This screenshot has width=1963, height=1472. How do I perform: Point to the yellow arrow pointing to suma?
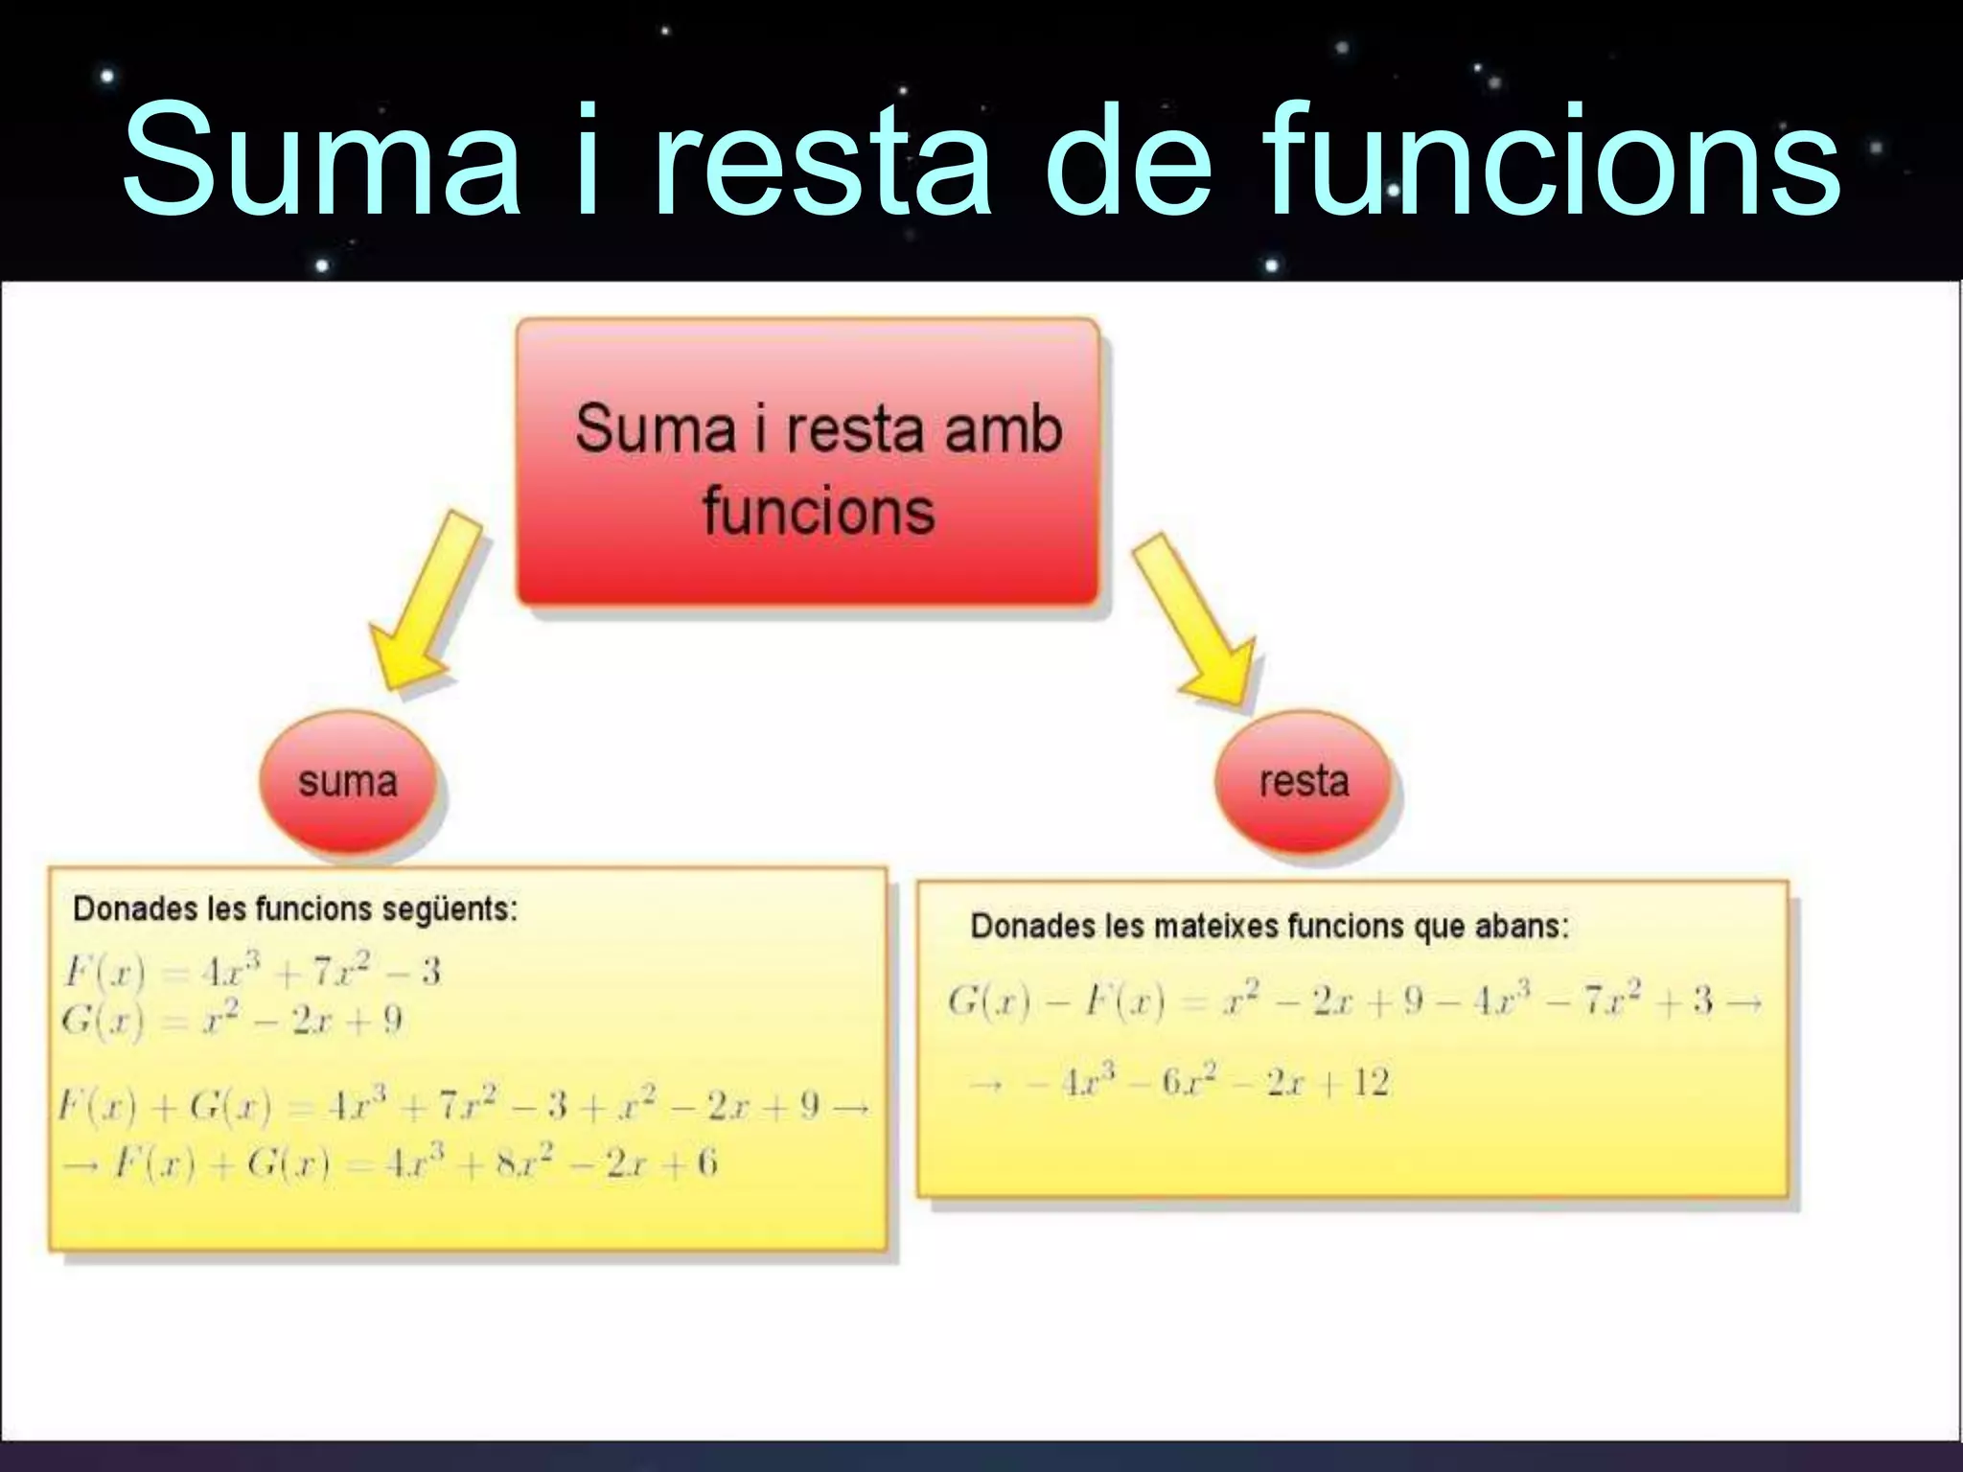[426, 602]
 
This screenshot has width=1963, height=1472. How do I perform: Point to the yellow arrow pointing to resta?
[1194, 621]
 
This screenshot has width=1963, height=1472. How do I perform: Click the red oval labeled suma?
[348, 782]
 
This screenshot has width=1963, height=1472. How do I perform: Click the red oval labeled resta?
[1304, 782]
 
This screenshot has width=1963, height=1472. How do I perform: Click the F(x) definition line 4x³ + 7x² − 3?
[251, 972]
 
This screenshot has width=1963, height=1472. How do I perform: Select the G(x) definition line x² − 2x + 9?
[232, 1020]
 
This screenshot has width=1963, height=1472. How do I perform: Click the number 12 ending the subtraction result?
[1371, 1084]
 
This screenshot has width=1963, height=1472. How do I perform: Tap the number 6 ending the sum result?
[706, 1164]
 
